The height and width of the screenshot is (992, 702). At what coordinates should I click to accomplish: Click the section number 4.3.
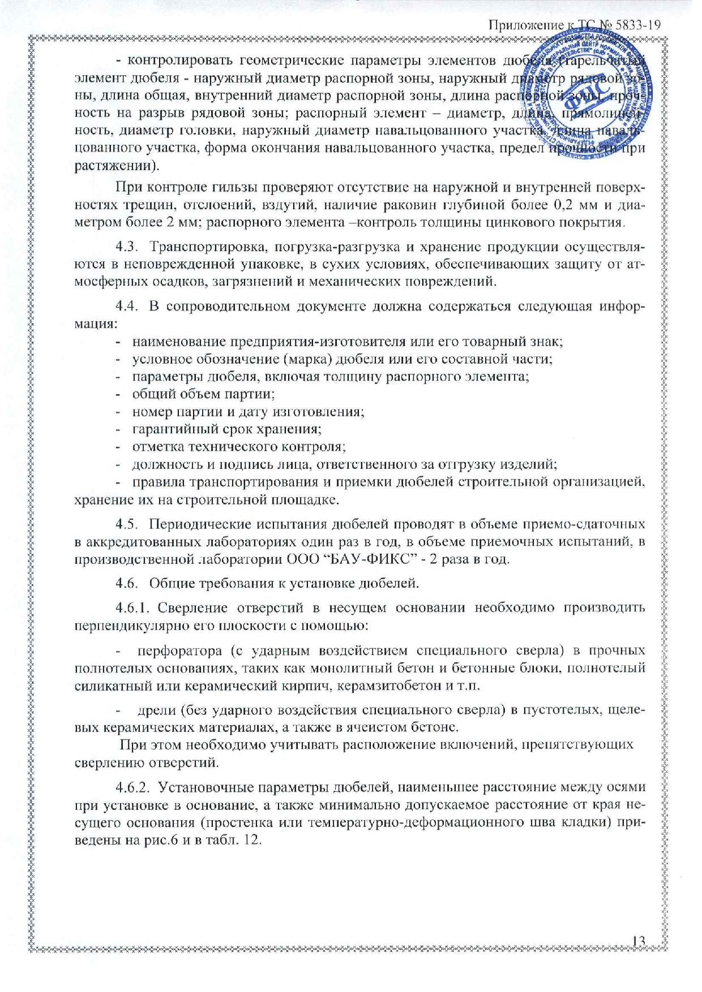[x=127, y=248]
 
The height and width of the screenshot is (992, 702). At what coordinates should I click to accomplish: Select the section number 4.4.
[x=127, y=307]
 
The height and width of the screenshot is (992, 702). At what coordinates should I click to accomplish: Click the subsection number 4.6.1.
[x=132, y=609]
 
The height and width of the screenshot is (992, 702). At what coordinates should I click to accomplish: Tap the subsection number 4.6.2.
[x=132, y=787]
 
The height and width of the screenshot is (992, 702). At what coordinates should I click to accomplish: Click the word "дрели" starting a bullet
[x=152, y=710]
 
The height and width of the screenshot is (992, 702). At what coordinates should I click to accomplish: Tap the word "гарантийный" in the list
[x=173, y=429]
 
